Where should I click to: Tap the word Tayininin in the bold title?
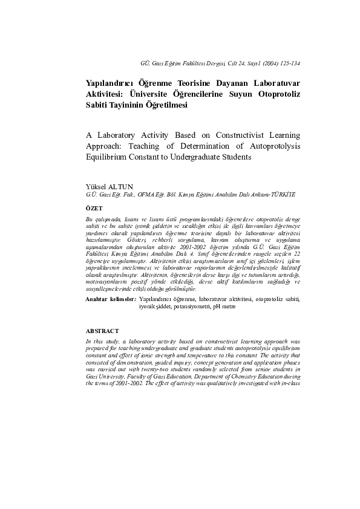tap(126, 104)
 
